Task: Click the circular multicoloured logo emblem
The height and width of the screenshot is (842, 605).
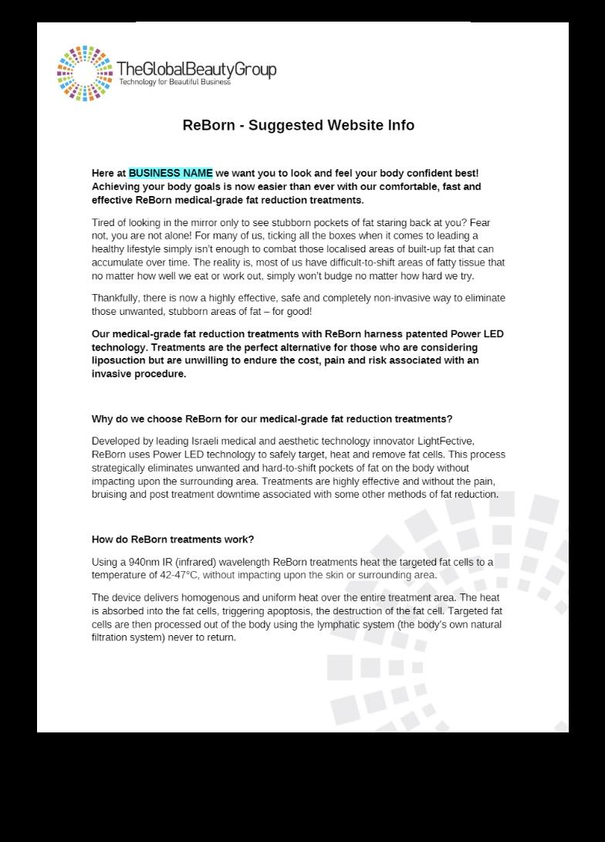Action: pos(85,73)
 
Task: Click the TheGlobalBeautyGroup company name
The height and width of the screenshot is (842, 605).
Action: pos(196,69)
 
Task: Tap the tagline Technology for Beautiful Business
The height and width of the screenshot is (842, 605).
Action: pos(174,83)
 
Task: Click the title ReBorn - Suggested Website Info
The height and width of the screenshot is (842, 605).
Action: pos(298,125)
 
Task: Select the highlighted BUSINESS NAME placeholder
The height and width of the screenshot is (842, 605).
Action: pos(171,173)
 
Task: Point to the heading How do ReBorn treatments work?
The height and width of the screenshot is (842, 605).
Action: pos(172,539)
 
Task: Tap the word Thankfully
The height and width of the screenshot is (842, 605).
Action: pos(117,298)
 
